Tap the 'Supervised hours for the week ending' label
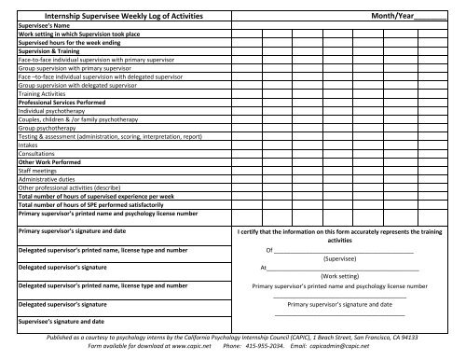pyautogui.click(x=70, y=42)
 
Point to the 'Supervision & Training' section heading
pyautogui.click(x=49, y=49)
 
